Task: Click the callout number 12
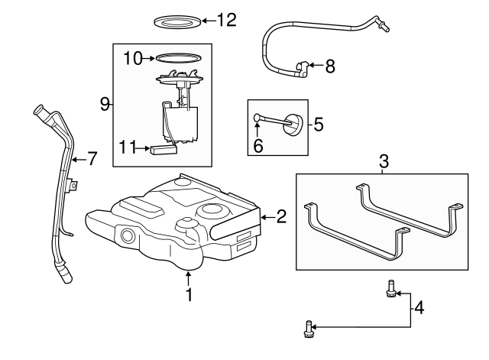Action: [x=227, y=20]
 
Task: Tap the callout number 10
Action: [x=133, y=57]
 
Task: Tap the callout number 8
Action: [x=330, y=67]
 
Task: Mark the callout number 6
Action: [x=258, y=144]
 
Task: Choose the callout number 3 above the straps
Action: [x=384, y=161]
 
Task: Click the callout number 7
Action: [x=92, y=159]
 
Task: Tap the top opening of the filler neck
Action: [x=39, y=112]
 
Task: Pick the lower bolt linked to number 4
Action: [x=308, y=329]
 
